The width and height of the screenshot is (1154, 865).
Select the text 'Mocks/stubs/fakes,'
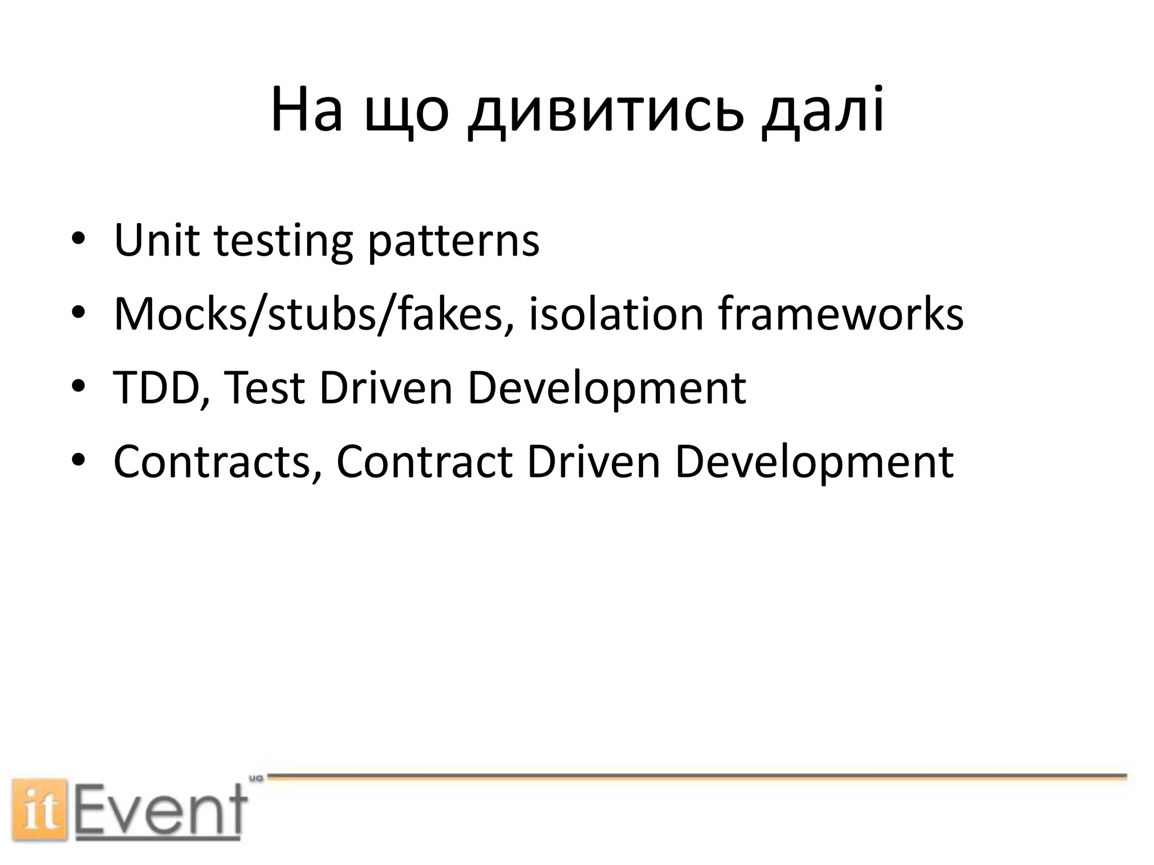point(313,314)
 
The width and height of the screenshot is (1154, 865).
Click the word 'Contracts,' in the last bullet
point(218,462)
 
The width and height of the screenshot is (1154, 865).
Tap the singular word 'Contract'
point(424,462)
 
